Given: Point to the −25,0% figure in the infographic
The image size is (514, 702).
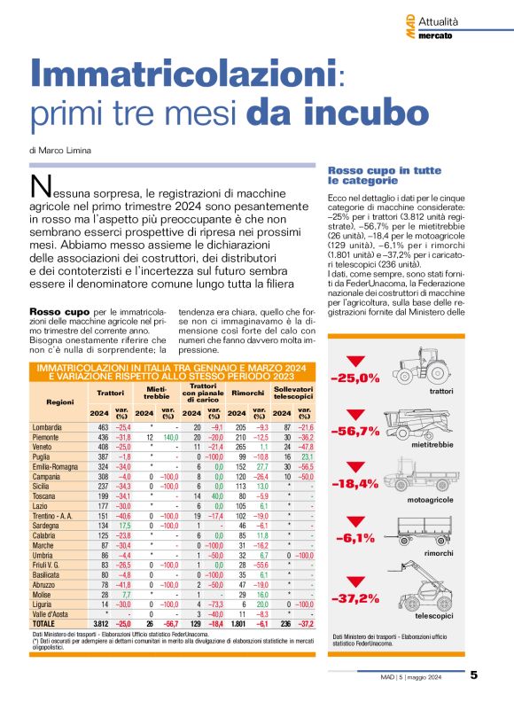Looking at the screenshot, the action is (x=355, y=378).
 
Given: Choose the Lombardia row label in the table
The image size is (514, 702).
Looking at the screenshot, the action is (x=47, y=427).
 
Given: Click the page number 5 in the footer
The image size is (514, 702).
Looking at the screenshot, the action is (x=474, y=674).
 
